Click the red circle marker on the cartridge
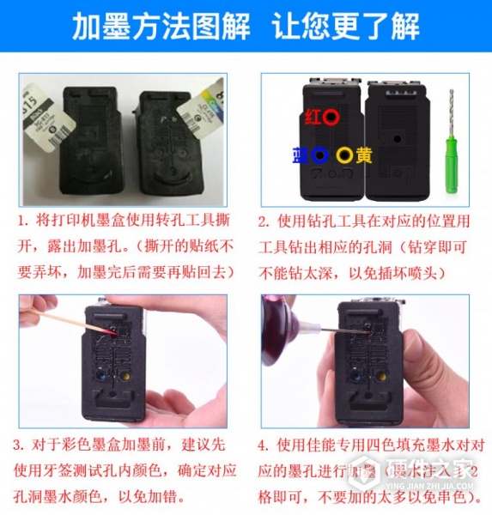pyautogui.click(x=331, y=115)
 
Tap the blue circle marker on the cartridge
pyautogui.click(x=320, y=155)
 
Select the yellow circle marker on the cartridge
pyautogui.click(x=344, y=155)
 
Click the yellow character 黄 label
pyautogui.click(x=365, y=155)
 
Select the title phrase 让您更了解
pyautogui.click(x=345, y=27)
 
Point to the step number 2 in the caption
pyautogui.click(x=263, y=221)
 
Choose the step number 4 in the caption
pyautogui.click(x=263, y=446)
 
